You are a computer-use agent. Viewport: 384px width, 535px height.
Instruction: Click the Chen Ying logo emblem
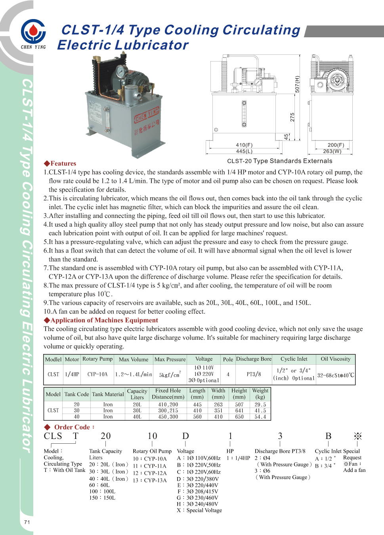tap(33, 31)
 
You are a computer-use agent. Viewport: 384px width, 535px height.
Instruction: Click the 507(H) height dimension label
tap(297, 84)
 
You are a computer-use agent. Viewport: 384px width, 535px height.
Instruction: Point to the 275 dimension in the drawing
tap(292, 117)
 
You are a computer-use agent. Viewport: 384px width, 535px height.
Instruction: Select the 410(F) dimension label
tap(244, 145)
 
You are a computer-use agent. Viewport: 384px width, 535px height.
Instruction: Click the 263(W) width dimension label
tap(332, 151)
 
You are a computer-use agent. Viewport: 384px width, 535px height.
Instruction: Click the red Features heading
tap(60, 164)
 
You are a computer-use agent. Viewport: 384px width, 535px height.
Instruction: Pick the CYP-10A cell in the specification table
tap(97, 374)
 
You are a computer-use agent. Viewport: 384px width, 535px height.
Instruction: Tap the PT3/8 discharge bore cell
tap(254, 374)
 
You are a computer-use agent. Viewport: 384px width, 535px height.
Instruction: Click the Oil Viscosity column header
tap(336, 359)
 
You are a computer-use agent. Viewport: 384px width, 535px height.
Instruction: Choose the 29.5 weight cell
tap(260, 405)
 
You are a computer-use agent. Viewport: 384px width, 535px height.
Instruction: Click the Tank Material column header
tap(108, 394)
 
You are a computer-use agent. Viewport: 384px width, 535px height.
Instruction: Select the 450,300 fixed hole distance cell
tap(168, 417)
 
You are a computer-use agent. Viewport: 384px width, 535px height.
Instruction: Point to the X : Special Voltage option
tap(199, 510)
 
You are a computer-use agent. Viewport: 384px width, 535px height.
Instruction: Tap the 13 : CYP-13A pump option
tap(150, 480)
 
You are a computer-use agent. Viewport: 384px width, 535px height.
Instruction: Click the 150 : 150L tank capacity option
tap(102, 498)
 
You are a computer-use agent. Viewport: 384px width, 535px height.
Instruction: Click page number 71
tap(27, 522)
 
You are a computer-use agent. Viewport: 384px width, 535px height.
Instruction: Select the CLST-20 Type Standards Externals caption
tap(280, 161)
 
